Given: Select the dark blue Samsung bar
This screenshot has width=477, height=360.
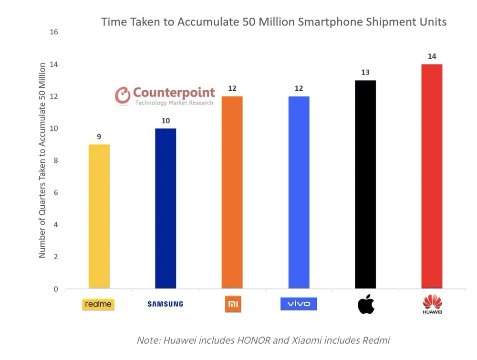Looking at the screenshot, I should (x=166, y=209).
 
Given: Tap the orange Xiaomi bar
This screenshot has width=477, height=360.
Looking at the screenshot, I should (x=232, y=192).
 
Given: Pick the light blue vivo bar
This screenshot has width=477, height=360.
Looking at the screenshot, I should (x=299, y=192).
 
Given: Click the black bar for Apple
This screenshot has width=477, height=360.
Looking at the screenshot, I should (x=365, y=184).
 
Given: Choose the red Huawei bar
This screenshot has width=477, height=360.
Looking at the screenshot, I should (x=432, y=176).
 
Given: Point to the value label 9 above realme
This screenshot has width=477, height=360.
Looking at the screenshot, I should (x=99, y=137).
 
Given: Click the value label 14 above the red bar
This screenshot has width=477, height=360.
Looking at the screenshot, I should (x=432, y=56).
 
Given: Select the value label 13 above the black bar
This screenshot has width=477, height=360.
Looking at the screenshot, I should (x=365, y=73).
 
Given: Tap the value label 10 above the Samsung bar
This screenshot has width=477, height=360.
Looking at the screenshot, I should (x=166, y=121).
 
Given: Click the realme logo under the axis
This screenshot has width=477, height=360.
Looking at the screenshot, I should (x=98, y=304).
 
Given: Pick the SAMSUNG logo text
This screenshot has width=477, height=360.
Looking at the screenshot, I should (x=165, y=304).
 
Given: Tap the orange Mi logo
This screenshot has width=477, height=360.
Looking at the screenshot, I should (x=233, y=304).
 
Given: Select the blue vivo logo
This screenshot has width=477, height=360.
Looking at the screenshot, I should (x=299, y=304).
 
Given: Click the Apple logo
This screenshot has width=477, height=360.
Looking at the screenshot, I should (x=366, y=304).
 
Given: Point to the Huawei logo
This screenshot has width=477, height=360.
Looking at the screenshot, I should (x=432, y=304).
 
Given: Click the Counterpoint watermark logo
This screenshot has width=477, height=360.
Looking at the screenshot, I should (x=165, y=95).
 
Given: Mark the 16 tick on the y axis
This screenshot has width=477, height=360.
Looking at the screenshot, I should (x=53, y=32).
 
